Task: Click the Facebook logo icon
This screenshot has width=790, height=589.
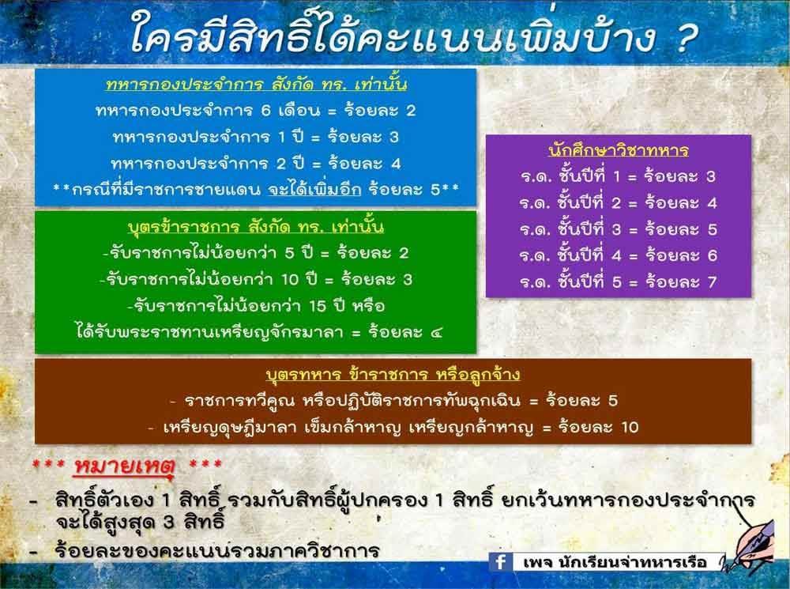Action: [x=500, y=562]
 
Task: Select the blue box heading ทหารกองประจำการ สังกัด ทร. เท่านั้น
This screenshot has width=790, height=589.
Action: [x=257, y=84]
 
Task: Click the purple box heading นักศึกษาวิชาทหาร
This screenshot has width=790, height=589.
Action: [x=619, y=149]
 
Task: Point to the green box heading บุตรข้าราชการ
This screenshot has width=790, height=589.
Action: [x=256, y=227]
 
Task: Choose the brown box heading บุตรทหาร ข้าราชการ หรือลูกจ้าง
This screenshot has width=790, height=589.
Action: [x=393, y=374]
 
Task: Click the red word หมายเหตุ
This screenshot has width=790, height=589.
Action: [x=125, y=466]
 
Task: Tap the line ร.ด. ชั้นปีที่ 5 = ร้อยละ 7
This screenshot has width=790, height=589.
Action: [x=619, y=281]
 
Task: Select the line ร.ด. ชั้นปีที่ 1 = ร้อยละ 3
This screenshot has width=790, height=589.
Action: [x=619, y=176]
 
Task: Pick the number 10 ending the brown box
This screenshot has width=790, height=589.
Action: [x=630, y=427]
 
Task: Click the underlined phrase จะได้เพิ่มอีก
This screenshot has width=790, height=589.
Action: [x=314, y=190]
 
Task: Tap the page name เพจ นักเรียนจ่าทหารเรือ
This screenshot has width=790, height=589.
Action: [x=615, y=562]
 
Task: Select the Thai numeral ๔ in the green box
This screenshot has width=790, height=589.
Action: [x=436, y=332]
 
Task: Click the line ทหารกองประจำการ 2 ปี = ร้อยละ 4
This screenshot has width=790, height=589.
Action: [x=255, y=164]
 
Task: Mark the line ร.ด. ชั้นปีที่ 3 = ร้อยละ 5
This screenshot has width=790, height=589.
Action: [x=619, y=229]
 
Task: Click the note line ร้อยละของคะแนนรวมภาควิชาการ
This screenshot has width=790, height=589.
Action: [x=217, y=549]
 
